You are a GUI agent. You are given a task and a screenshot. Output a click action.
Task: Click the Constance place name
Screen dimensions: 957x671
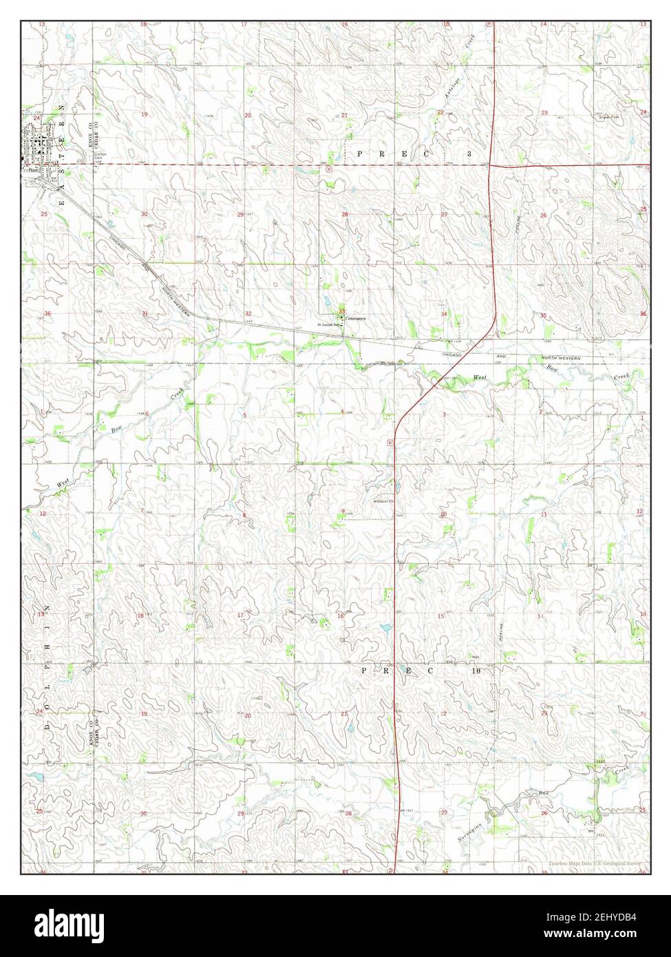(356, 318)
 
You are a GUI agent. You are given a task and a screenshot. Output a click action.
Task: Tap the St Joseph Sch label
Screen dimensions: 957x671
(329, 324)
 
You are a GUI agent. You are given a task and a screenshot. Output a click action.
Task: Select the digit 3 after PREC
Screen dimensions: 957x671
(469, 154)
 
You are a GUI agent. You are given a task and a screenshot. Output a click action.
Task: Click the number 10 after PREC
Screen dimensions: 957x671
(476, 669)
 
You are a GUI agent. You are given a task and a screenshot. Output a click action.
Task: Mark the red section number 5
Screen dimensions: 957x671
(244, 415)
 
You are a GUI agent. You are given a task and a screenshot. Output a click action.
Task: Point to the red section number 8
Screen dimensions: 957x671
(244, 514)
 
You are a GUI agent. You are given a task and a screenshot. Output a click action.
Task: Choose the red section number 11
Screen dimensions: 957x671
(543, 514)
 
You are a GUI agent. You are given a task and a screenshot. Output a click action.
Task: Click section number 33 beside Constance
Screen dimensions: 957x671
(342, 311)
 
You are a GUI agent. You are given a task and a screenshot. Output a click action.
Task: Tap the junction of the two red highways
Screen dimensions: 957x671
(489, 165)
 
